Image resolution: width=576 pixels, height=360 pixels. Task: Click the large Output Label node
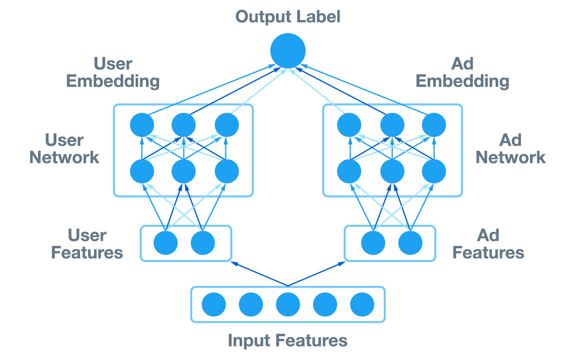288,51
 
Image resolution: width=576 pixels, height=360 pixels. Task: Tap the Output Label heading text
288,17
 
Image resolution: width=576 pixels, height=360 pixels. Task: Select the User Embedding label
113,72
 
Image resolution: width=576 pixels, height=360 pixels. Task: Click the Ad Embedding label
462,72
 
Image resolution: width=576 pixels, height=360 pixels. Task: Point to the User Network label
64,149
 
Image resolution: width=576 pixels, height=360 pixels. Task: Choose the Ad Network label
510,149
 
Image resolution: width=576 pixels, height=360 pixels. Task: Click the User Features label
87,244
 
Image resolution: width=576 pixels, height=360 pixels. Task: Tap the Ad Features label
488,244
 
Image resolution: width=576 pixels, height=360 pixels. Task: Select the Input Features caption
288,340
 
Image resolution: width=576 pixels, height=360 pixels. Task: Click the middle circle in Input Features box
288,304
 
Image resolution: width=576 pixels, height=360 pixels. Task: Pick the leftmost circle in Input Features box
214,304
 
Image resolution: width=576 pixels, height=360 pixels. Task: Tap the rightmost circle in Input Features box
362,304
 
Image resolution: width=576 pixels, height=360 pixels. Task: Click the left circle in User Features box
166,243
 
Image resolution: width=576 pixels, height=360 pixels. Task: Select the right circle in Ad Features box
410,243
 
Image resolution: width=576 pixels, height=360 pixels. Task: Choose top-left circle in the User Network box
142,125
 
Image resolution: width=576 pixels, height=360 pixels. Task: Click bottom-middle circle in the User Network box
184,171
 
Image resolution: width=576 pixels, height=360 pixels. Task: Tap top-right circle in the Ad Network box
434,125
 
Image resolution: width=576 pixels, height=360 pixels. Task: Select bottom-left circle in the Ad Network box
349,171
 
